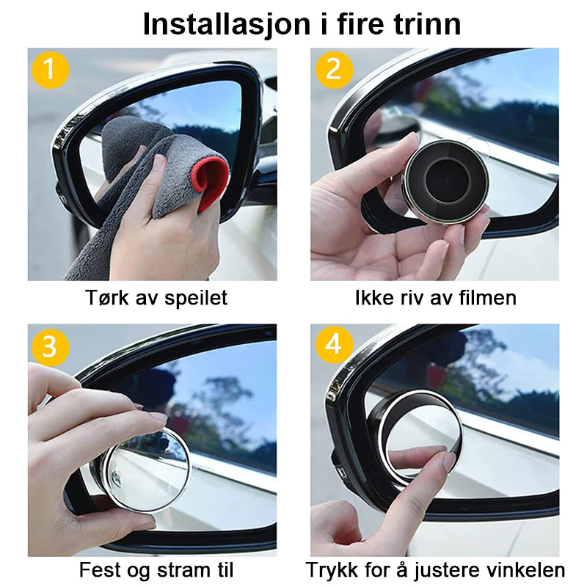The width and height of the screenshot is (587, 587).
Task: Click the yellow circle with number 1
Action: point(50,70)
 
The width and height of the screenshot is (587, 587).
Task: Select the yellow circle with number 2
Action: point(334,70)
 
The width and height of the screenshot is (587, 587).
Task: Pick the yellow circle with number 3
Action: point(50,346)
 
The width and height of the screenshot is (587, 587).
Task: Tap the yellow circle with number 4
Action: point(334,346)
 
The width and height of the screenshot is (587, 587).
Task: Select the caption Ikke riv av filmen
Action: point(435,298)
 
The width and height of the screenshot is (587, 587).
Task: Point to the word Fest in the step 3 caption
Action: point(95,570)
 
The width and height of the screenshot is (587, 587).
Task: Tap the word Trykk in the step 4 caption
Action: point(328,570)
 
